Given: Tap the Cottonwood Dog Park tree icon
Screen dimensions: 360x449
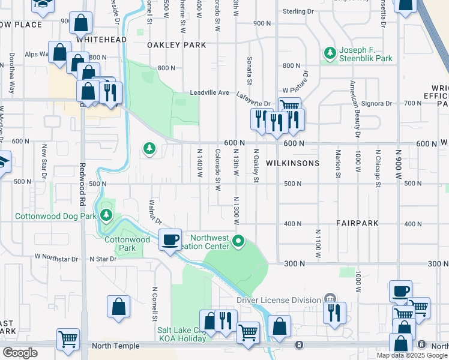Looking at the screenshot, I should tap(106, 215).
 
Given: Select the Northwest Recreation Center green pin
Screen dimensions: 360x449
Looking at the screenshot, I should tap(238, 242).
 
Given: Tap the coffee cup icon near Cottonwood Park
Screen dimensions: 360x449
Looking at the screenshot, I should tap(170, 240).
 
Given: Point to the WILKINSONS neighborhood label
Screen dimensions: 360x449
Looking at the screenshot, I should tap(293, 163).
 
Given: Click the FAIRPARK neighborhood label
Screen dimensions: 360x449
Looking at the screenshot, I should tap(357, 223).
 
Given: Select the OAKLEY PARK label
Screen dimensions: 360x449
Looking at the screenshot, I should tap(177, 45).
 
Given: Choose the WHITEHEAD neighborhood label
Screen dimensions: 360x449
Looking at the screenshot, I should tap(101, 40).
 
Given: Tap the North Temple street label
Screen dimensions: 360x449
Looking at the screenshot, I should tap(117, 346).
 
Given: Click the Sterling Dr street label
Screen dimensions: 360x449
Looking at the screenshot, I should tap(298, 11).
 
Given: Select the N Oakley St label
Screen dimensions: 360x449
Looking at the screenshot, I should tap(256, 166).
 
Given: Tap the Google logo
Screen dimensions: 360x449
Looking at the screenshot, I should tap(20, 353).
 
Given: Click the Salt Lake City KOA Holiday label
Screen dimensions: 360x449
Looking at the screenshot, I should tap(181, 334).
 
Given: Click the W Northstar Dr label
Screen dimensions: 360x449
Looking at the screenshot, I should tap(56, 259).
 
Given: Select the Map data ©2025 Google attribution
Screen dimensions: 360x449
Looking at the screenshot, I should tap(412, 355).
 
